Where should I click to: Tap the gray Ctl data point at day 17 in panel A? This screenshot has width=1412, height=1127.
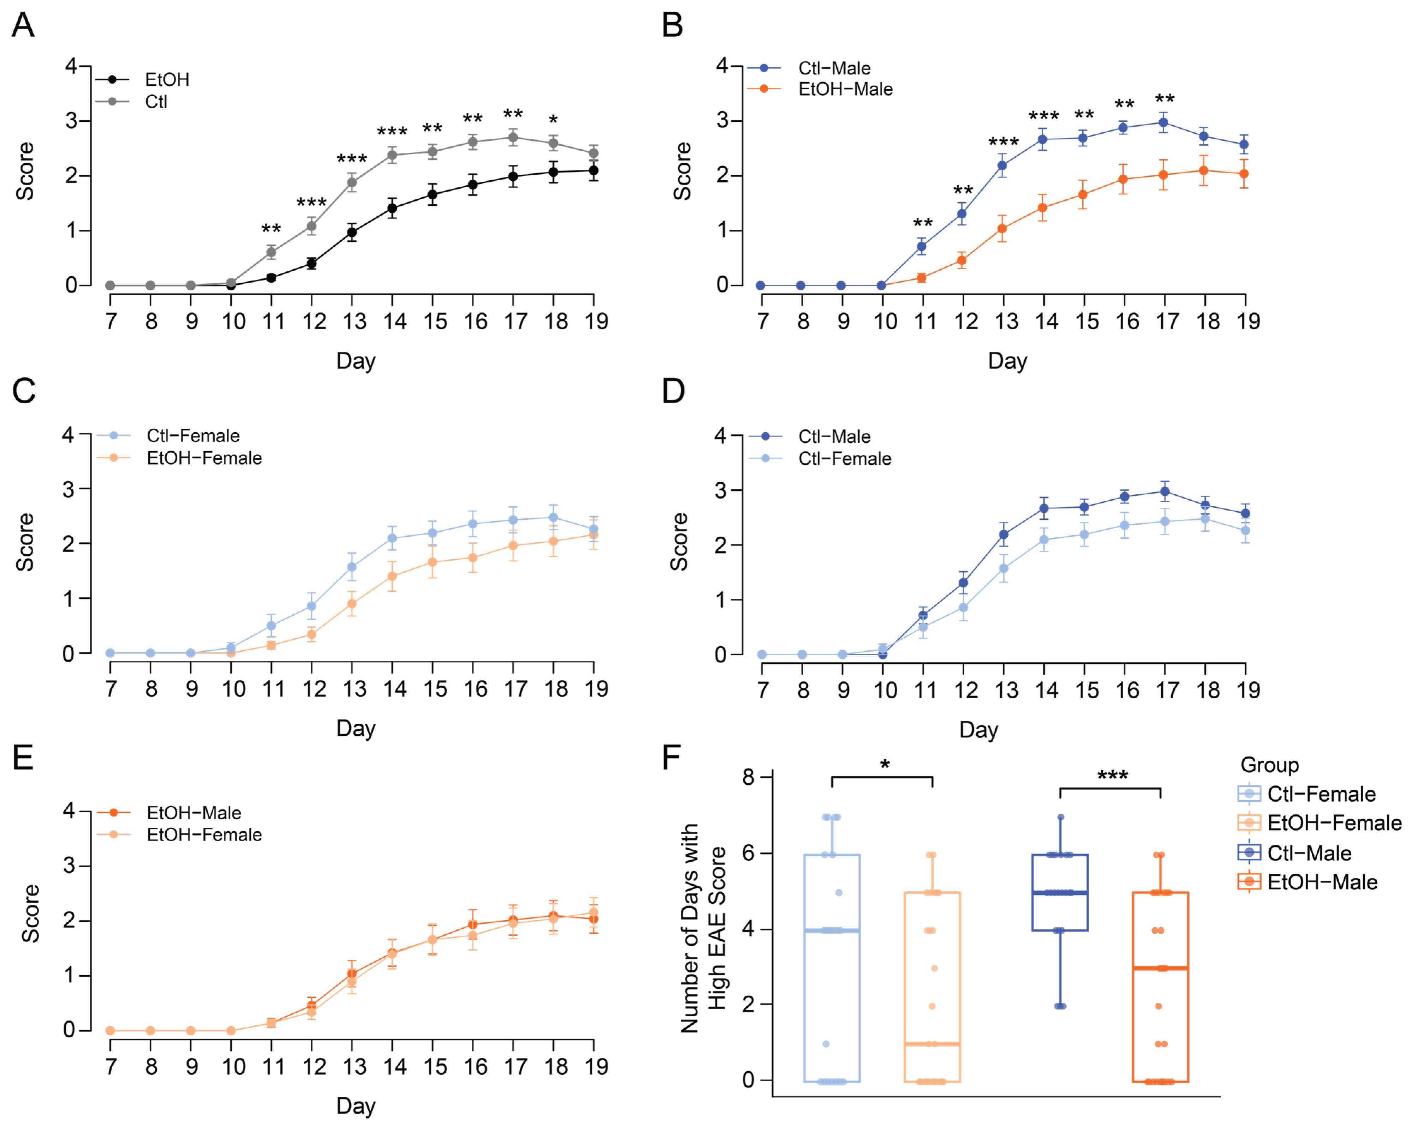pyautogui.click(x=513, y=138)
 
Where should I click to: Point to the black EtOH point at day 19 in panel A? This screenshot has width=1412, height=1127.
pyautogui.click(x=593, y=171)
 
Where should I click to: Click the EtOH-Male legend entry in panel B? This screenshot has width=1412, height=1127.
pyautogui.click(x=845, y=89)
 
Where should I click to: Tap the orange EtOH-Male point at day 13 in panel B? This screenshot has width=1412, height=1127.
pyautogui.click(x=1002, y=228)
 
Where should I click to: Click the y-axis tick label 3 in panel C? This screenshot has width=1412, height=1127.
pyautogui.click(x=68, y=489)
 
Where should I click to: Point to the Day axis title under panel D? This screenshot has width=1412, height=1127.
pyautogui.click(x=978, y=730)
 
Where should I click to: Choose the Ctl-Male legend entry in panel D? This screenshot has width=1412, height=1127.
pyautogui.click(x=834, y=436)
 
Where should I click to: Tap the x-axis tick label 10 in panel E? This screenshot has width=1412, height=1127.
pyautogui.click(x=233, y=1067)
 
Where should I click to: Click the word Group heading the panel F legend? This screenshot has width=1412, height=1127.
pyautogui.click(x=1269, y=765)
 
